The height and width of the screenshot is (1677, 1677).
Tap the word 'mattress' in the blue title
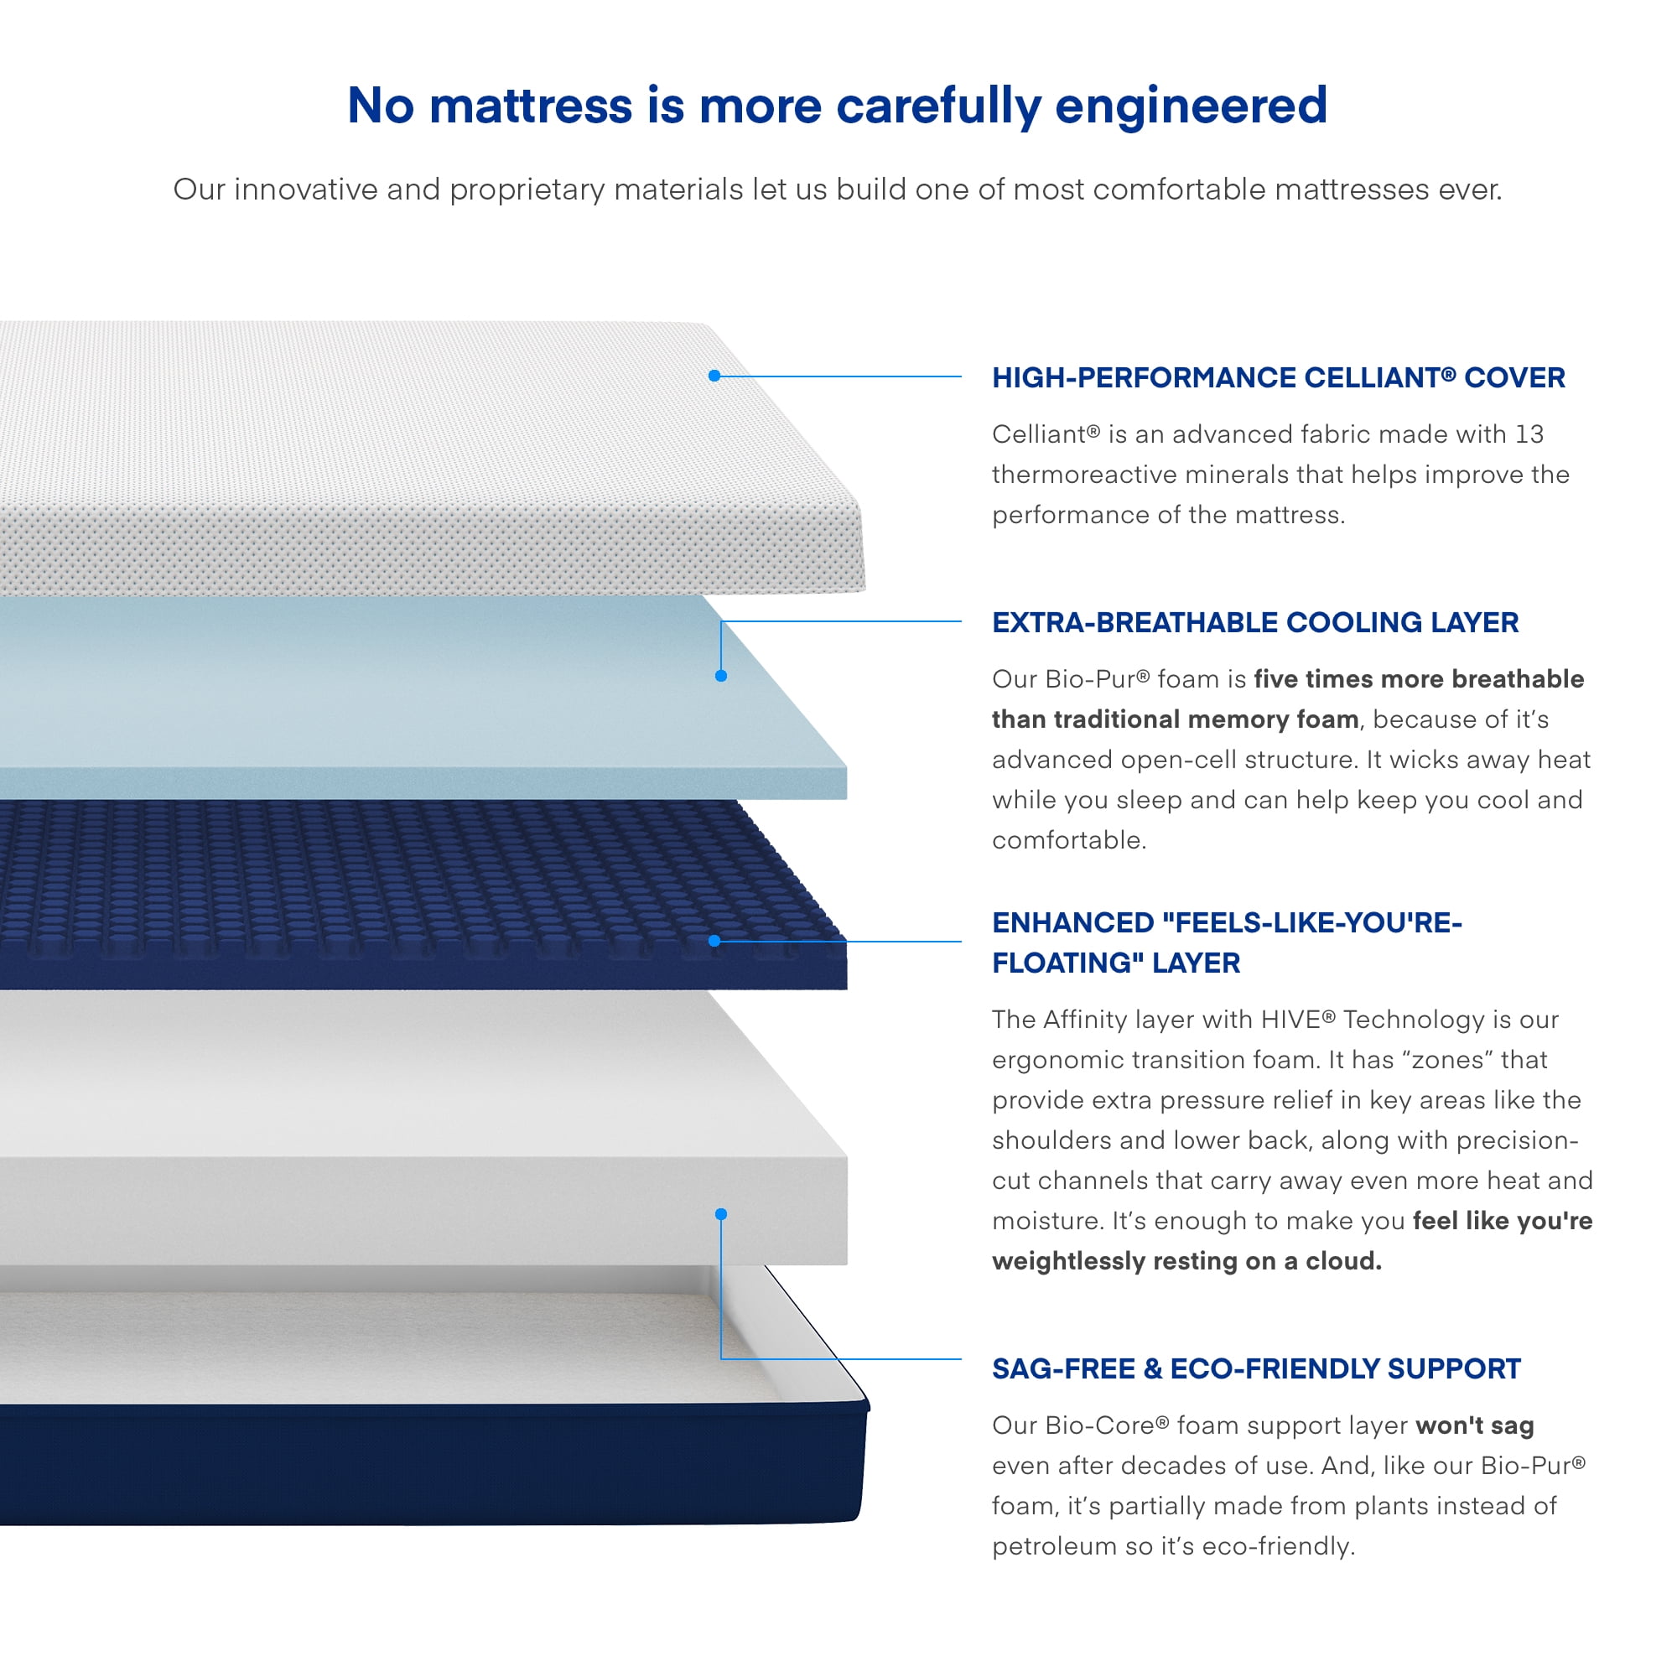click(x=532, y=106)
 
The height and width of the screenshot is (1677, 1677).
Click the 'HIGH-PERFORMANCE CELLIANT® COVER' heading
click(x=1279, y=377)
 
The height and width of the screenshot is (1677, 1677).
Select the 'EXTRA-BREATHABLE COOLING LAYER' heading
click(x=1255, y=622)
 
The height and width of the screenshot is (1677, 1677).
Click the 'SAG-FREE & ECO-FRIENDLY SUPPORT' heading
click(x=1256, y=1369)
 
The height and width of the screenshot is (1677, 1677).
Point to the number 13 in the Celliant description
click(x=1529, y=434)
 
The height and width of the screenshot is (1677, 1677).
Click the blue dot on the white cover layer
click(x=714, y=376)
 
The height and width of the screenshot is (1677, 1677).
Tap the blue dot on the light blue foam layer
click(x=720, y=676)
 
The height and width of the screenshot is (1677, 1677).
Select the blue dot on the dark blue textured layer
click(x=714, y=941)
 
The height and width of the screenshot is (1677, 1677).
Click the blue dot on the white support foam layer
click(x=720, y=1214)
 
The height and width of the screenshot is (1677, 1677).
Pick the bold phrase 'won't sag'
click(x=1475, y=1425)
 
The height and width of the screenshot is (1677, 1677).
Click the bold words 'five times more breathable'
click(x=1420, y=679)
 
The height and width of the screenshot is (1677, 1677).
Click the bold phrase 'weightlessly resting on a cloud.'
click(x=1186, y=1261)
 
